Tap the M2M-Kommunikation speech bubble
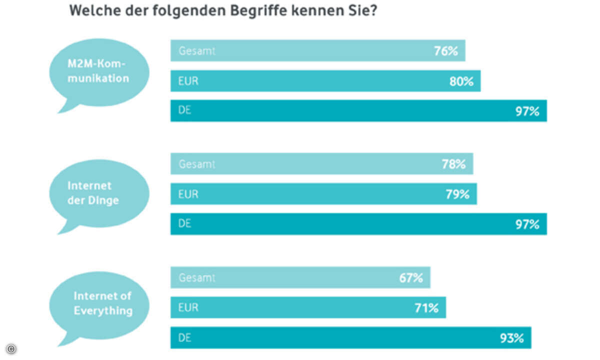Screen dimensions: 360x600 point(99,72)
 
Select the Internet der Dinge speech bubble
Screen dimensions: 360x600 point(99,192)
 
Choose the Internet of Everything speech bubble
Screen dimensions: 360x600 point(99,303)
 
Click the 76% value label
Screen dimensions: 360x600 point(446,51)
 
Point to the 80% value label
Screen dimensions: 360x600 point(461,81)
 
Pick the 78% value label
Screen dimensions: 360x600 point(453,164)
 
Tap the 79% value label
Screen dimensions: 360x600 point(457,194)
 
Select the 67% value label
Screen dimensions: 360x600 point(411,277)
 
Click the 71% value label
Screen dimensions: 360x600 point(426,308)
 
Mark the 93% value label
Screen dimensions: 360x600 point(511,338)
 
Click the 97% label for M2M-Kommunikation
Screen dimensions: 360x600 point(527,111)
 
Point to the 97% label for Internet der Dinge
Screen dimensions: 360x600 point(527,224)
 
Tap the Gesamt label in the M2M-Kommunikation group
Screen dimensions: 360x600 point(197,51)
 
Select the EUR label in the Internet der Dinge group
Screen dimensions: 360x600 point(188,194)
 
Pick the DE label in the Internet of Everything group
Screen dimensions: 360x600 point(185,338)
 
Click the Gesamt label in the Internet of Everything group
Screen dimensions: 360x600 point(197,277)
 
